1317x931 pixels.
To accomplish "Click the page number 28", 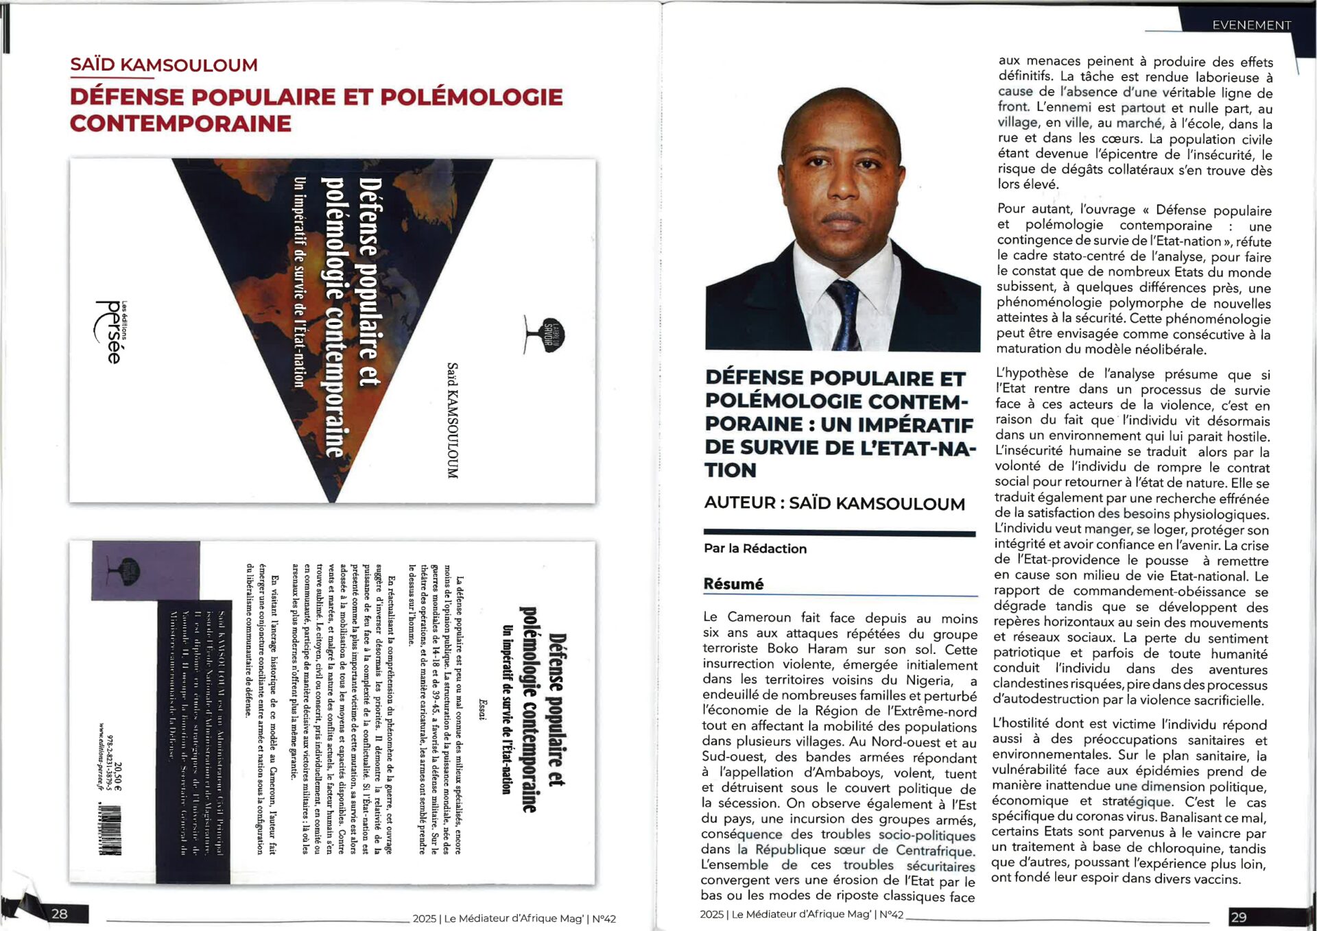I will (x=60, y=913).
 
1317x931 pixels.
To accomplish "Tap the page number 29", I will (x=1238, y=917).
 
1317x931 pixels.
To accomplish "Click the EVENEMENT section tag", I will (x=1251, y=25).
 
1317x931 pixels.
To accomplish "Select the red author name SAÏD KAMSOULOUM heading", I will (x=164, y=65).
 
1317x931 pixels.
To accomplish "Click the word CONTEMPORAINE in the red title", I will (x=180, y=123).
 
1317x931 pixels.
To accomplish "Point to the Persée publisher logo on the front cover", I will (x=110, y=332).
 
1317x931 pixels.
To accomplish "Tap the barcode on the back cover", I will (x=110, y=830).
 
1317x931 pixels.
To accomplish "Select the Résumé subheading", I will (x=733, y=583).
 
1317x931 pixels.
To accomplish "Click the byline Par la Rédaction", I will (x=755, y=548).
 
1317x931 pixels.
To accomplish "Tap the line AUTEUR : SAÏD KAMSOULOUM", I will (x=834, y=503).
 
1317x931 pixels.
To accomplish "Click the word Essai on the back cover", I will (x=483, y=710).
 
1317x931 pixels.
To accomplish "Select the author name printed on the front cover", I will (x=452, y=420).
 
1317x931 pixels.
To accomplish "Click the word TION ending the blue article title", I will (x=730, y=470).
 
